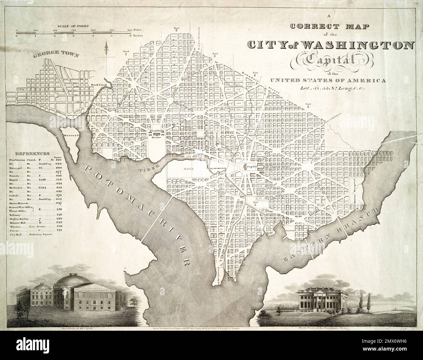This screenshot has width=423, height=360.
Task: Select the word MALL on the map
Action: click(186, 169)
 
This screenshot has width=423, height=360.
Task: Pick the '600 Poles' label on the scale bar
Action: click(134, 30)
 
